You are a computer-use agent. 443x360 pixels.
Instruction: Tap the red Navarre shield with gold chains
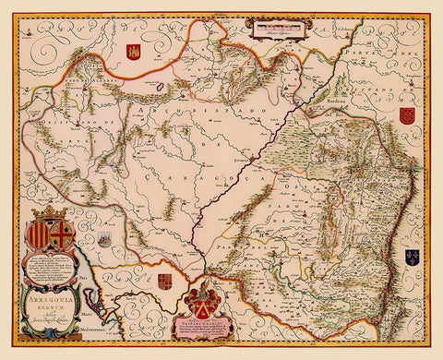(x=406, y=115)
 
